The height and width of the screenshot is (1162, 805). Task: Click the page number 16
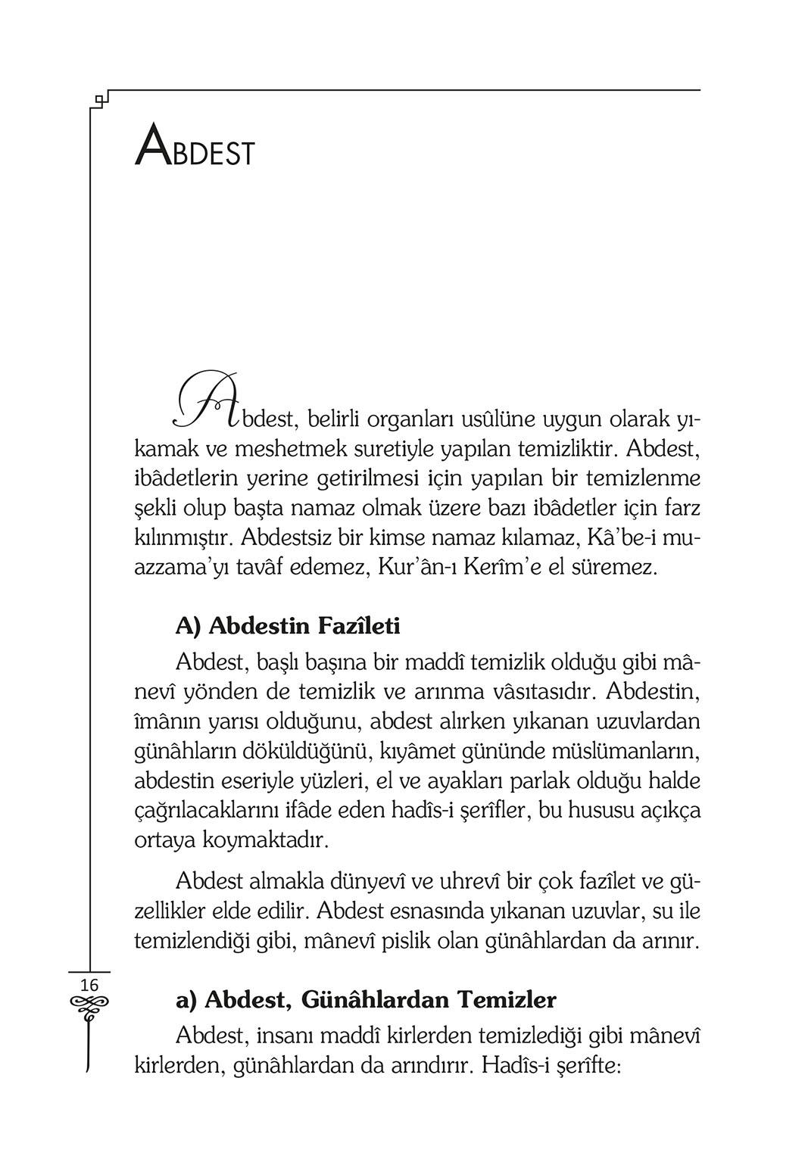[x=89, y=985]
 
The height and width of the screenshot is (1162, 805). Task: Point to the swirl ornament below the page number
[x=89, y=1005]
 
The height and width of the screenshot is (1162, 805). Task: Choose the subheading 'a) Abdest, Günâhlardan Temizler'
[x=366, y=999]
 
